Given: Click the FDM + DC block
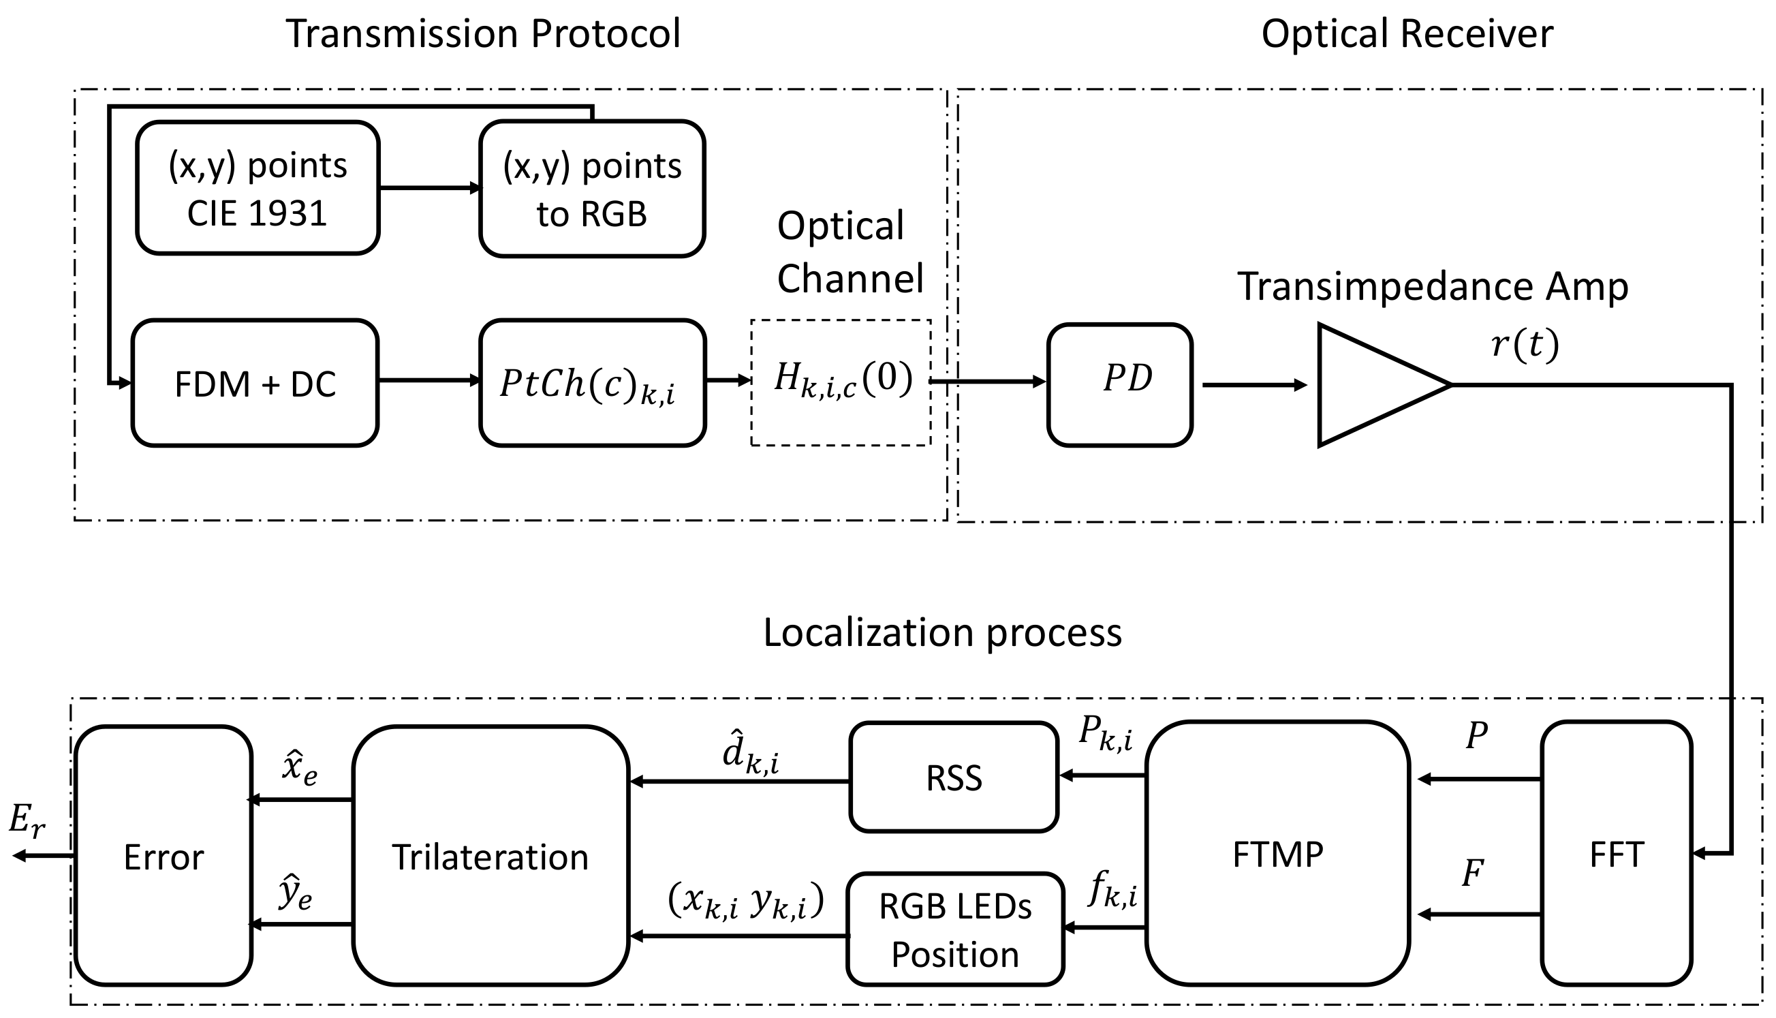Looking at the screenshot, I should coord(255,383).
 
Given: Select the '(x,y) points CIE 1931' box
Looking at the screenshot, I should coord(258,188).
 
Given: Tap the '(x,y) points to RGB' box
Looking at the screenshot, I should coord(591,189).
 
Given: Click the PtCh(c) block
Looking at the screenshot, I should coord(591,383).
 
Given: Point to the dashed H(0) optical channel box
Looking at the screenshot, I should coord(841,382).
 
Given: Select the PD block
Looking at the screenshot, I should coord(1119,384).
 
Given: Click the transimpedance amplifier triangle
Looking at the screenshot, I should coord(1370,384).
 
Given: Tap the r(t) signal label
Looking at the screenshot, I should coord(1525,344).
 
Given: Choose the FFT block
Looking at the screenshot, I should coord(1615,854).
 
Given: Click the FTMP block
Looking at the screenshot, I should coord(1277,854).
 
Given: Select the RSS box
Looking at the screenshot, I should coord(953,777).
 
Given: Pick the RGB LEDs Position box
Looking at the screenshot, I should coord(954,929).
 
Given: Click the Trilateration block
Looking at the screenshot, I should coord(490,857).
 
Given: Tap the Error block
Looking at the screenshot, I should coord(163,857).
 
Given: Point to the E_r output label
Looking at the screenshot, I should coord(27,820).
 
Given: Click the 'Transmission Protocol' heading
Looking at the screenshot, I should coord(483,33).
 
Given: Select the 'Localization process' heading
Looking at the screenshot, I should coord(941,632).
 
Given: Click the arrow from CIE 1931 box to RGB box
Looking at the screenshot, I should coord(429,188).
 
